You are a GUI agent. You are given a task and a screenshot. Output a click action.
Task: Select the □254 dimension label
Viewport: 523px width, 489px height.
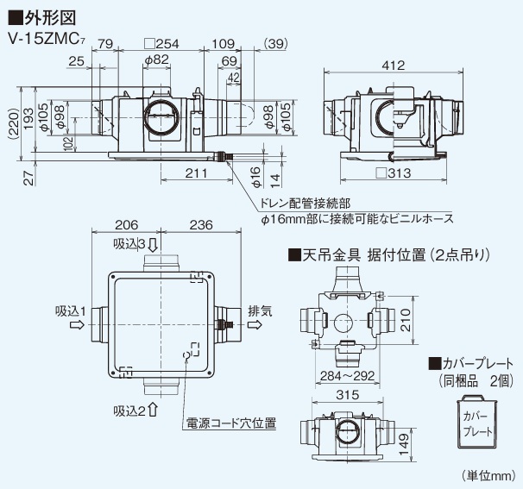pos(161,43)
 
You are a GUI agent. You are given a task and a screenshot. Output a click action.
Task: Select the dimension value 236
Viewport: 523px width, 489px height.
pos(200,226)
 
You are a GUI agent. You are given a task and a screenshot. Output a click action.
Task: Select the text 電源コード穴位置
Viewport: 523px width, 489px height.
pos(230,424)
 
